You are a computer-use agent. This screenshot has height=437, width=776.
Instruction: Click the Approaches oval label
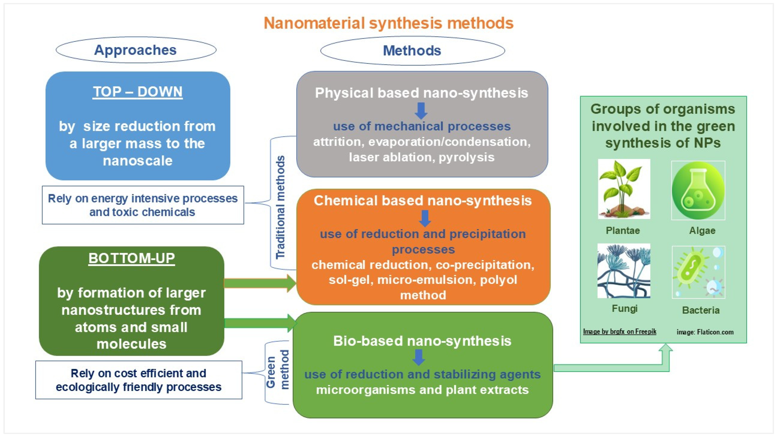136,50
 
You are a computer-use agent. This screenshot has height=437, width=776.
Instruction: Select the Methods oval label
412,51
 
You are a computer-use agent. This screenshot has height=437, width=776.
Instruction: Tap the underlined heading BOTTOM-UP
132,258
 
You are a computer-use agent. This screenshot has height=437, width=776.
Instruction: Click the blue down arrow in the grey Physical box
421,111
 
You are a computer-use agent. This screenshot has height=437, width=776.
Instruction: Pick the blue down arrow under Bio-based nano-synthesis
419,357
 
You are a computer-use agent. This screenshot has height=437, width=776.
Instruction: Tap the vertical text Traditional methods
280,207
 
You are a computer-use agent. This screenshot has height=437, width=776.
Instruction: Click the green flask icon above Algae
698,190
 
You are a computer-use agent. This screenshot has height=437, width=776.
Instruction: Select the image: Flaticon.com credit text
705,332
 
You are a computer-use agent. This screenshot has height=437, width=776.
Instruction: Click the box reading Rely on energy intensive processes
143,205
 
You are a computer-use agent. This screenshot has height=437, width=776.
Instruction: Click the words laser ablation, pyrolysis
422,157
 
